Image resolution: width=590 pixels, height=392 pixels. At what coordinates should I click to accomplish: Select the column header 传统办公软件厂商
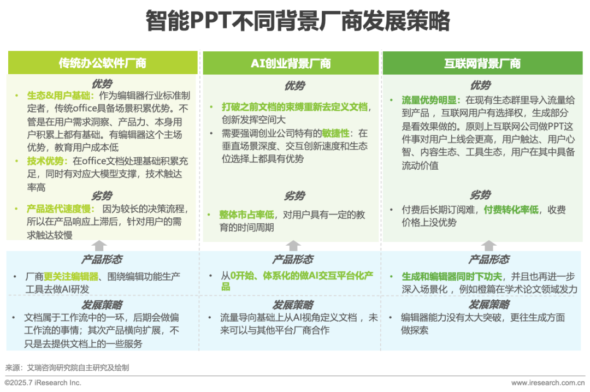tap(103, 63)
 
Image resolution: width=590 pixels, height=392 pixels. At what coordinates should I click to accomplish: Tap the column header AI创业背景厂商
tap(291, 63)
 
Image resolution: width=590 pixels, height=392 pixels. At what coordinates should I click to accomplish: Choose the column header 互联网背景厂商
tap(482, 63)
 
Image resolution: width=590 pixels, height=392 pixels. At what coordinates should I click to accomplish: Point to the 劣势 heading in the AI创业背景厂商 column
tap(294, 195)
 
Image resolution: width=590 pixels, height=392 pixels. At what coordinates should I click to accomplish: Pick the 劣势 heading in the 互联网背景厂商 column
tap(480, 195)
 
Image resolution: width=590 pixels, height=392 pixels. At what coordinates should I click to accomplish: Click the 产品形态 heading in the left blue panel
tap(102, 259)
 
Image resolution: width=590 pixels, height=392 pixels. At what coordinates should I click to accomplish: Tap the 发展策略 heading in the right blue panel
tap(488, 304)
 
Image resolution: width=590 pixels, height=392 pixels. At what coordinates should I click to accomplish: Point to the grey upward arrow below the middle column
tap(293, 245)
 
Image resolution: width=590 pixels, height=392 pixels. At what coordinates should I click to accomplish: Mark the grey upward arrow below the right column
tap(488, 245)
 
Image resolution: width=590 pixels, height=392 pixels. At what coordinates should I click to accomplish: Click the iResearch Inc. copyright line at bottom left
tap(43, 383)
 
